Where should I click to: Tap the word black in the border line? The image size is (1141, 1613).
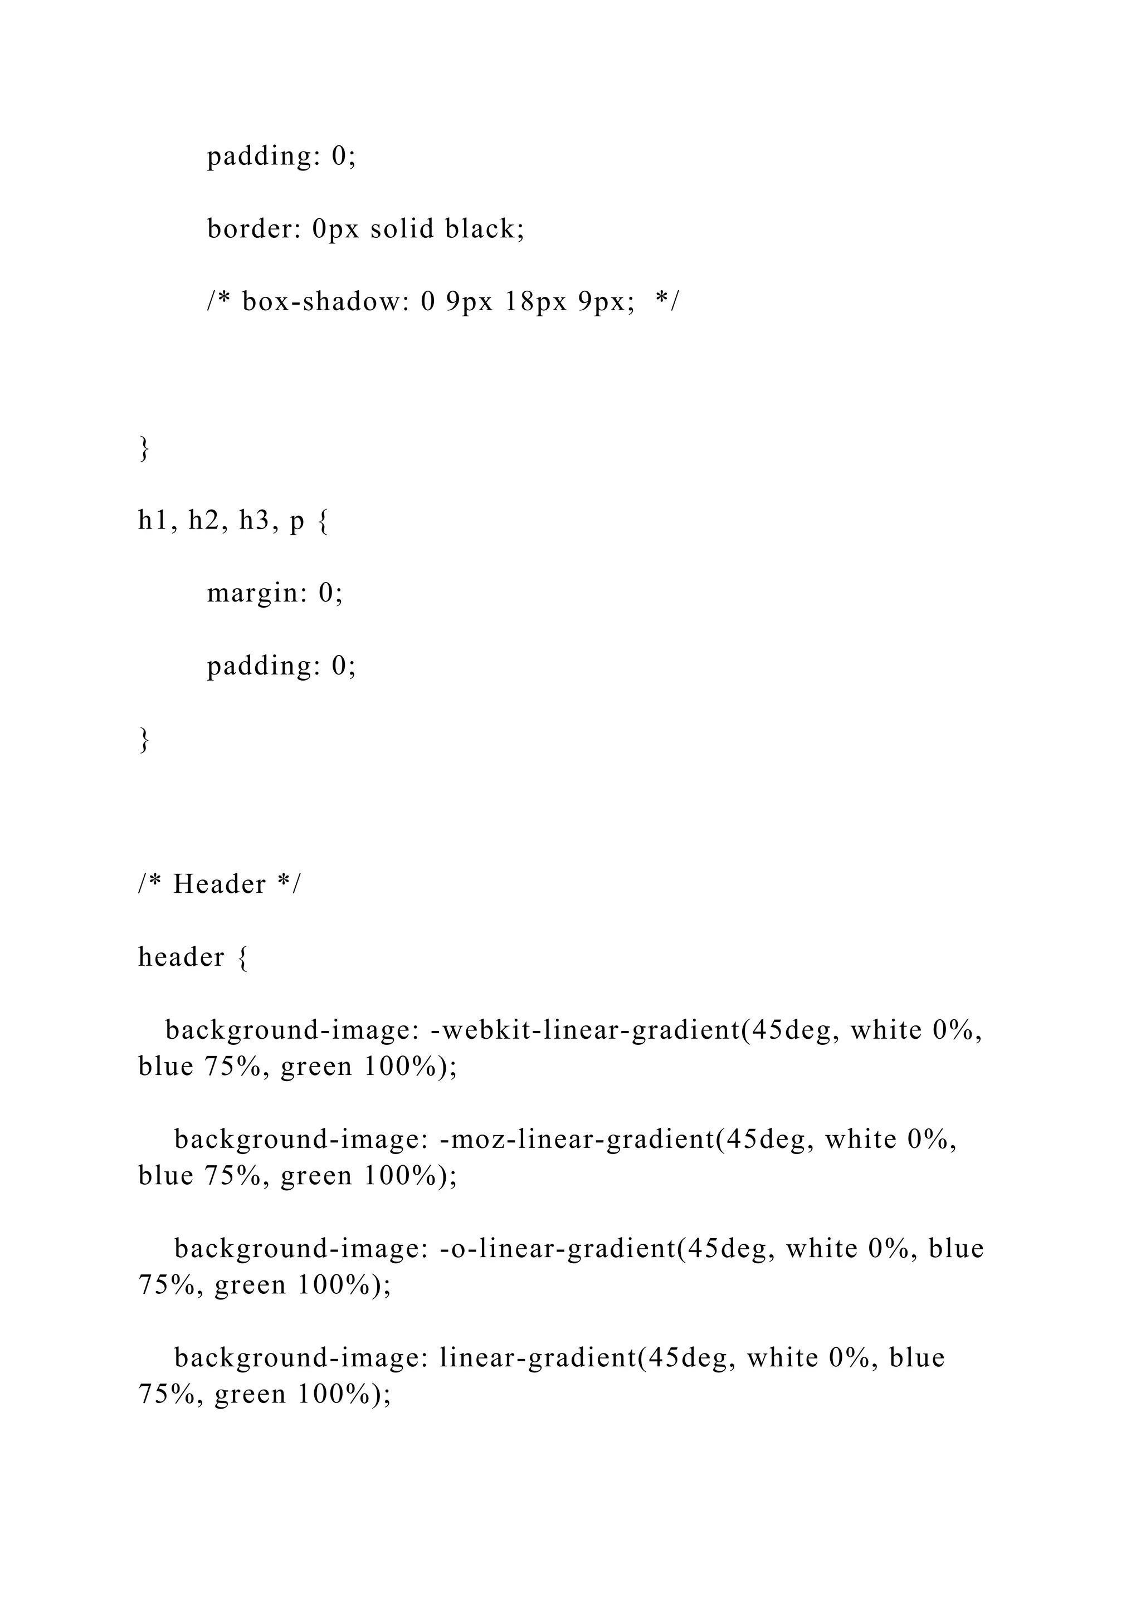click(484, 229)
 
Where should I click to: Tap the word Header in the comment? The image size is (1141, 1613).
click(219, 884)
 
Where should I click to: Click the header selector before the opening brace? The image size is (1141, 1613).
click(181, 957)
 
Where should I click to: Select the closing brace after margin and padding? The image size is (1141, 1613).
click(144, 739)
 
